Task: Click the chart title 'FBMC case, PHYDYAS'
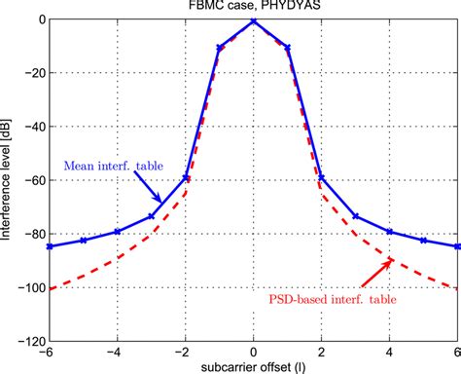(253, 6)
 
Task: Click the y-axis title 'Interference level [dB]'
(9, 180)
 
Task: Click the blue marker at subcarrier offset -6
(50, 246)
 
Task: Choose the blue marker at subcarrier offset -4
(118, 232)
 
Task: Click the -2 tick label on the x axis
(184, 353)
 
